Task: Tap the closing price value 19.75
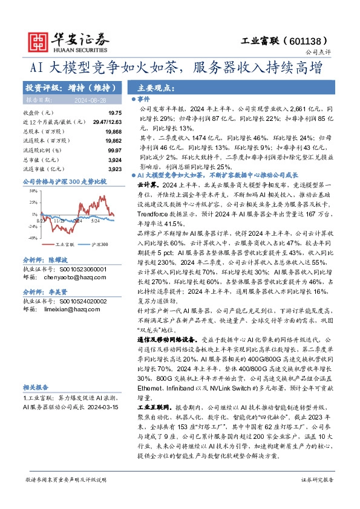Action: tap(114, 113)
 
